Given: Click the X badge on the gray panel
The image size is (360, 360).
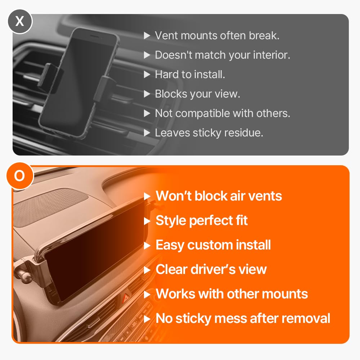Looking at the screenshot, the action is click(x=20, y=21).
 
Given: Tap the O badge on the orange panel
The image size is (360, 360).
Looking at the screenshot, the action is click(x=20, y=176).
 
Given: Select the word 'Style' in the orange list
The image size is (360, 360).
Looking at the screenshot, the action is click(x=171, y=221).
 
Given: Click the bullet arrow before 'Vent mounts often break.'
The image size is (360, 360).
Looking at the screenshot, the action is click(x=147, y=36).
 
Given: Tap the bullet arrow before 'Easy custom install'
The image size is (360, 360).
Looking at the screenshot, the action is click(x=147, y=246).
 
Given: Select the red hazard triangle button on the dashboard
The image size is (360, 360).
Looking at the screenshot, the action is click(x=126, y=298).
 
